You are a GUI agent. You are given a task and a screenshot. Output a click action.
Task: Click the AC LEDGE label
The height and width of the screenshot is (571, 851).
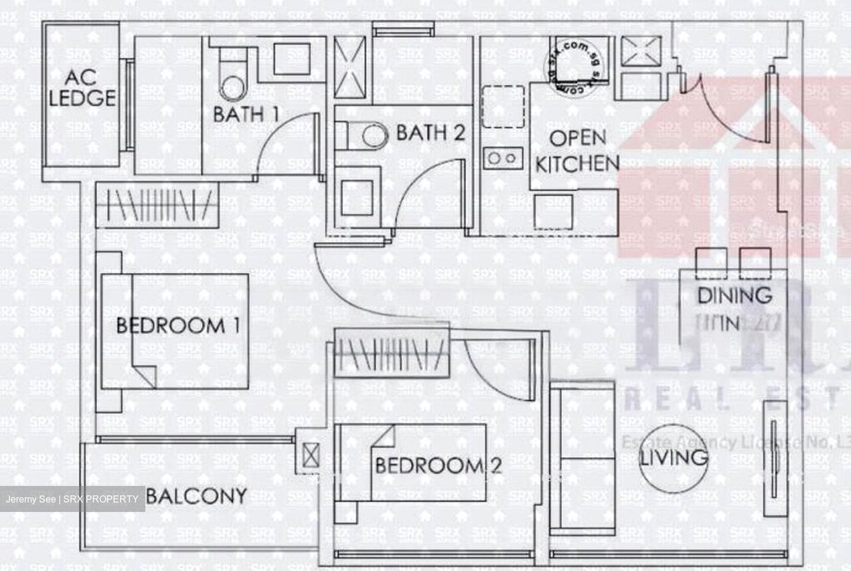point(82,88)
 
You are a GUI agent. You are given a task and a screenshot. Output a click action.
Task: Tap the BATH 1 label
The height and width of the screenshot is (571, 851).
point(246,114)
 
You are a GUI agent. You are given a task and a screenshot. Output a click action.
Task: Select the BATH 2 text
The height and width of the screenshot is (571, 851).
point(430,133)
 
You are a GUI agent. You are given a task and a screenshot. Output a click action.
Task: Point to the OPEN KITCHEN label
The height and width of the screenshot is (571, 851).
point(577,151)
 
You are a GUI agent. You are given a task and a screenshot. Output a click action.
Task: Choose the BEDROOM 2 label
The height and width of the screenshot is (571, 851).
point(439,465)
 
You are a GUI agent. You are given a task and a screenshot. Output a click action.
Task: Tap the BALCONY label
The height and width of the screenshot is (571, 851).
point(196,495)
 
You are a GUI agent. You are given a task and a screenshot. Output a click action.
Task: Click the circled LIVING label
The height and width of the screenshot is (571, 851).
point(674,457)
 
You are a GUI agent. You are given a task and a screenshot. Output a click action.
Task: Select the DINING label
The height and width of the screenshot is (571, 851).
point(735,295)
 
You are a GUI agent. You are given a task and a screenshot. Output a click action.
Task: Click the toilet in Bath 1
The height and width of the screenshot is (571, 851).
point(232,80)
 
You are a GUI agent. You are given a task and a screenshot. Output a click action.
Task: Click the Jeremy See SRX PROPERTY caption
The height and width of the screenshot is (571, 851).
point(72,499)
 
